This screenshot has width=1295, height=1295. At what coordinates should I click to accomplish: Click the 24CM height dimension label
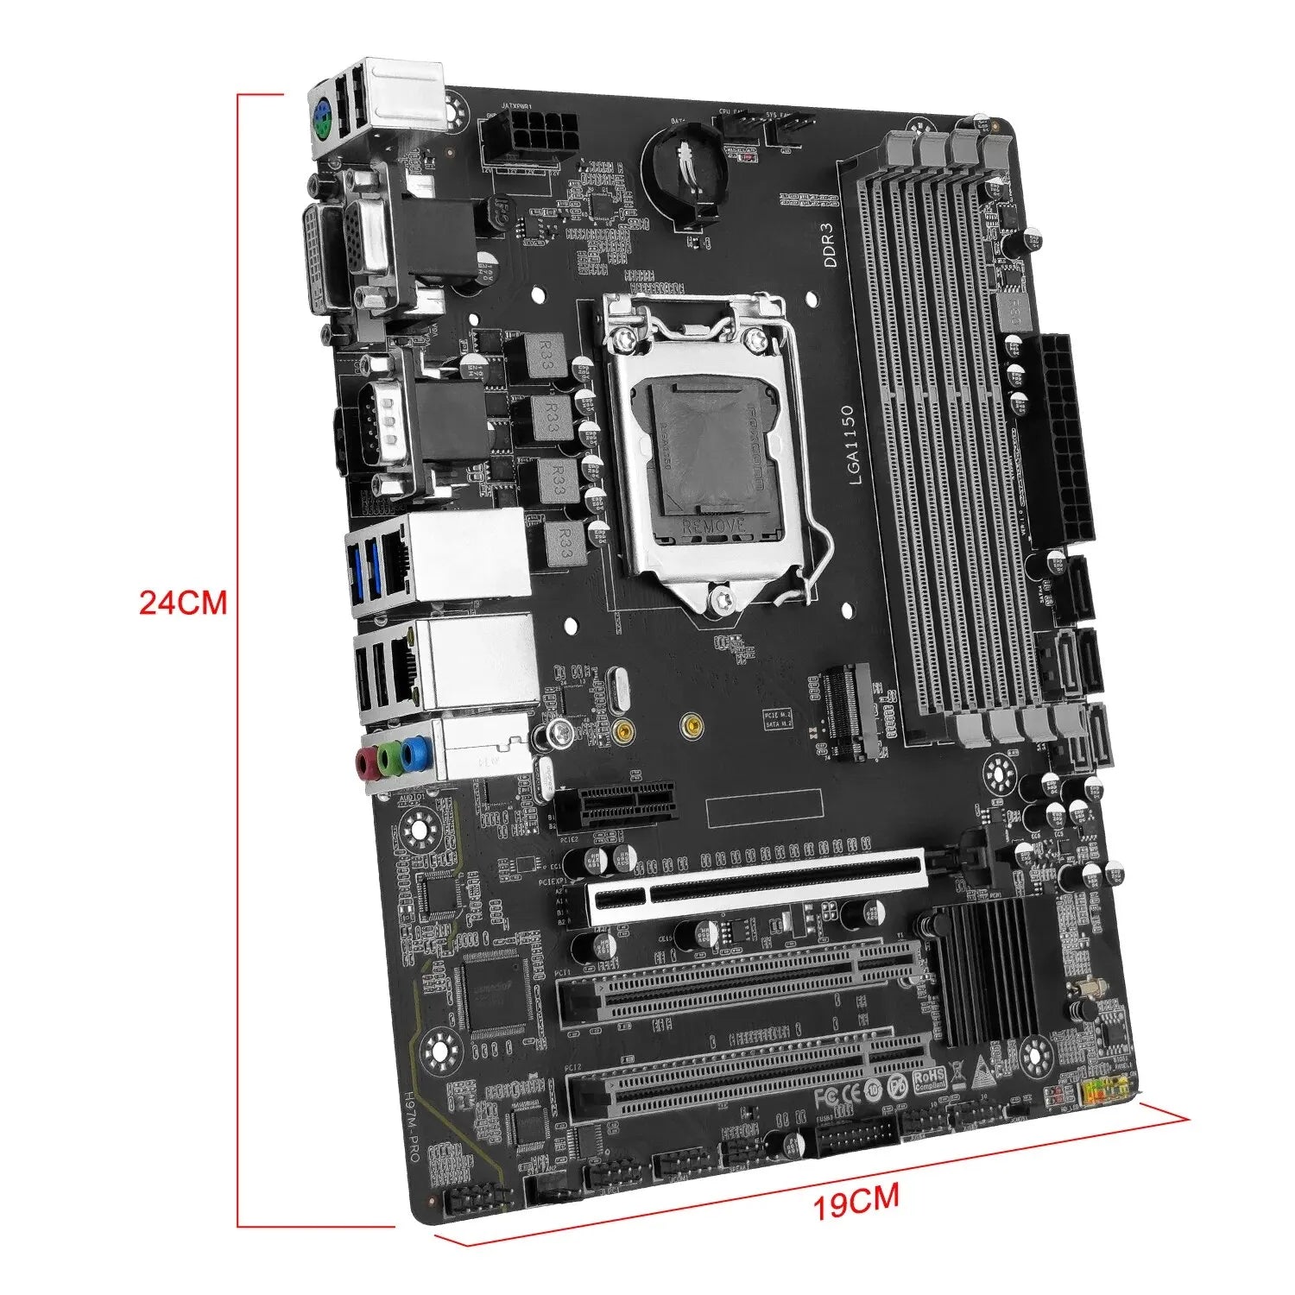[183, 603]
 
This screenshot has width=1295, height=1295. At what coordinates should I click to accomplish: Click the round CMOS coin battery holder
[686, 164]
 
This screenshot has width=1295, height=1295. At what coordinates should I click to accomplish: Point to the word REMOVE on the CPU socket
[712, 525]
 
